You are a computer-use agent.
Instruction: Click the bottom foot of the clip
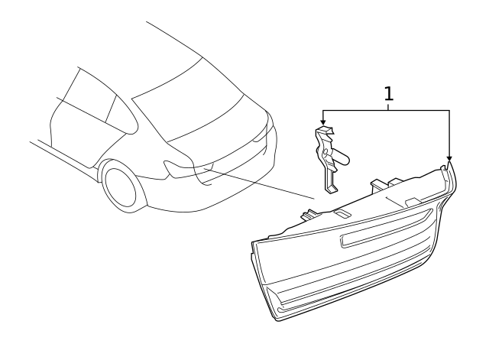pos(329,188)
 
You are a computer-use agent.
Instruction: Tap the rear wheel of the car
pos(122,187)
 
